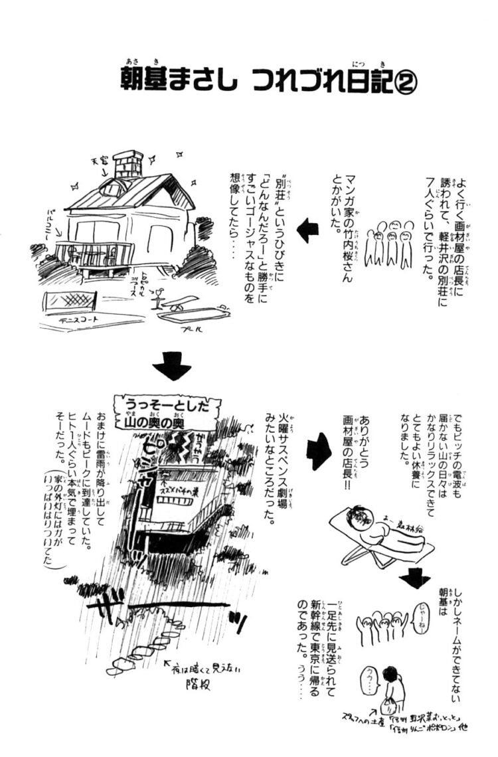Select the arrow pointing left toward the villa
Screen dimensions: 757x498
click(307, 230)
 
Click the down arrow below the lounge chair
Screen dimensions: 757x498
click(417, 580)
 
